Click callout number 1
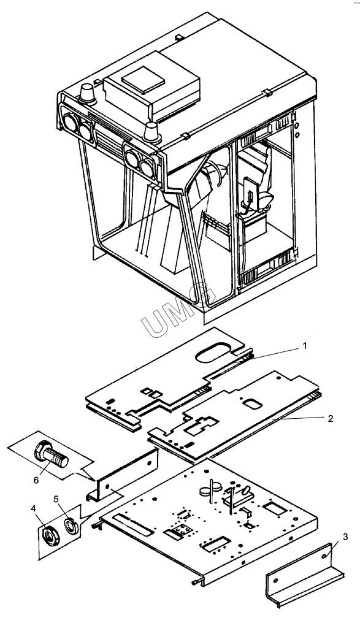click(x=304, y=346)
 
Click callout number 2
click(x=331, y=418)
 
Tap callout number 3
click(x=345, y=537)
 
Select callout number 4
click(x=33, y=508)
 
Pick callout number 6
click(x=36, y=480)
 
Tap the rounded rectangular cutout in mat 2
click(x=252, y=404)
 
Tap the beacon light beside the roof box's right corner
click(x=151, y=132)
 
